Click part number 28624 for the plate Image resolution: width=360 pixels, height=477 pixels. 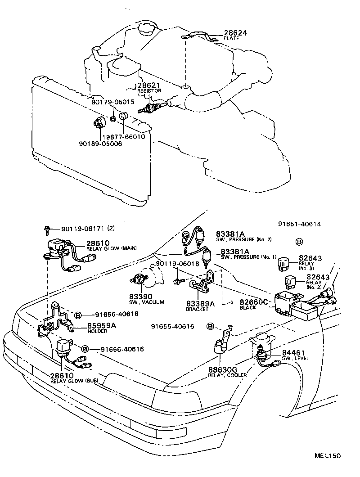coord(235,33)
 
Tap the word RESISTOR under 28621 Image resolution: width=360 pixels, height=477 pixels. coord(149,91)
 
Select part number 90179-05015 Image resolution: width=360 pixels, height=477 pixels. coord(112,102)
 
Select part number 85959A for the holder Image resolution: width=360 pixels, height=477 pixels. coord(101,325)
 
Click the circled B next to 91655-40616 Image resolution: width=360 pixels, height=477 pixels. coord(210,326)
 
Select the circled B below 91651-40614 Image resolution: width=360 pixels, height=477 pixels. coord(298,242)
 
